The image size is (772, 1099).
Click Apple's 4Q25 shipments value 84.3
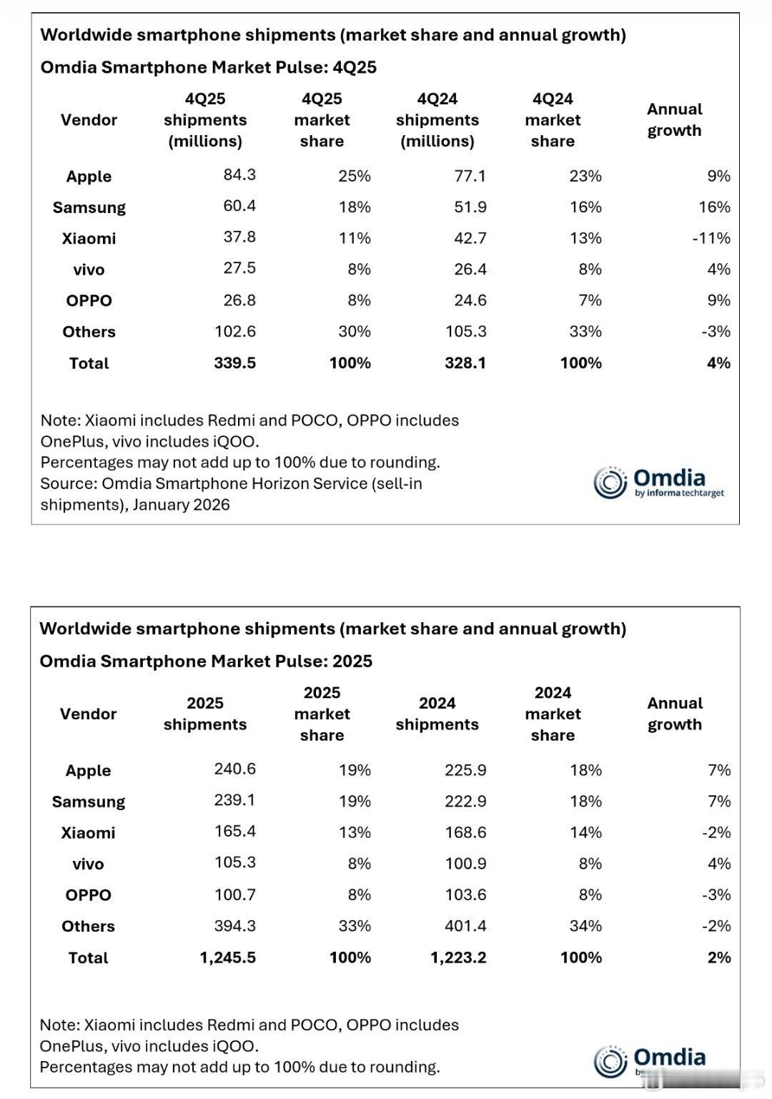(239, 175)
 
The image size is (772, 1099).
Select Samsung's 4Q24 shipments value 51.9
(470, 207)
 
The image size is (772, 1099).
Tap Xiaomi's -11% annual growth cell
(711, 238)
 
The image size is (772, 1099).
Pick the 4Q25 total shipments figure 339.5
(234, 363)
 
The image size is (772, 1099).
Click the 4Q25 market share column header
(322, 120)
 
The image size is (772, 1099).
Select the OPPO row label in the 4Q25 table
(89, 301)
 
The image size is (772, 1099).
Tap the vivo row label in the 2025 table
(88, 864)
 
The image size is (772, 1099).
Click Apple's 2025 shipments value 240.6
(234, 769)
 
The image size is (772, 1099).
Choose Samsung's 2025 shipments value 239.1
(234, 800)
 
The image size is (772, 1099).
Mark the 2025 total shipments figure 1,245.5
(227, 957)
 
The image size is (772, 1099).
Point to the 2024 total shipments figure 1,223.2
(458, 957)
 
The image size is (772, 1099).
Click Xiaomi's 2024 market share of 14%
(585, 832)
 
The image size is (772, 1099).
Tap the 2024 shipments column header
(437, 714)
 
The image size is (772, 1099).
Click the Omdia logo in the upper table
(658, 482)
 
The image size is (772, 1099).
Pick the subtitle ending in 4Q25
(208, 67)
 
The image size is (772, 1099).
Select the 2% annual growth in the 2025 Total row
(718, 957)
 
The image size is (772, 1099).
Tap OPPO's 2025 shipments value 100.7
(234, 895)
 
